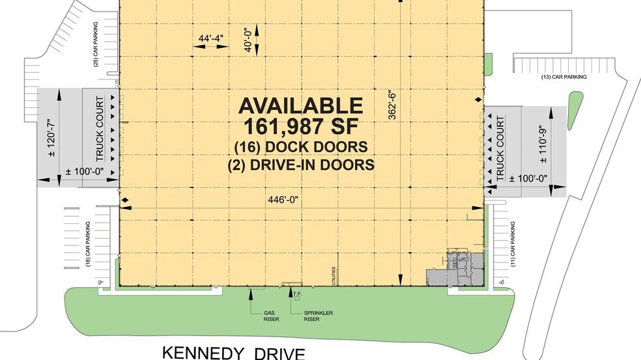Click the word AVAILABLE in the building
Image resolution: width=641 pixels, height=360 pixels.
300,105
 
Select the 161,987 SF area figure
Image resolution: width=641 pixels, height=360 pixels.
300,125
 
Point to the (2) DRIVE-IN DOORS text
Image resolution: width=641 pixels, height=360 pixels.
300,165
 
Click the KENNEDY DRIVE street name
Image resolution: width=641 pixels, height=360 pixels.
234,353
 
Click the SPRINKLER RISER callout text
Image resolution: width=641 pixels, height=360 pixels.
319,316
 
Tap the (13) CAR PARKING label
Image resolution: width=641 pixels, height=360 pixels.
563,77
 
